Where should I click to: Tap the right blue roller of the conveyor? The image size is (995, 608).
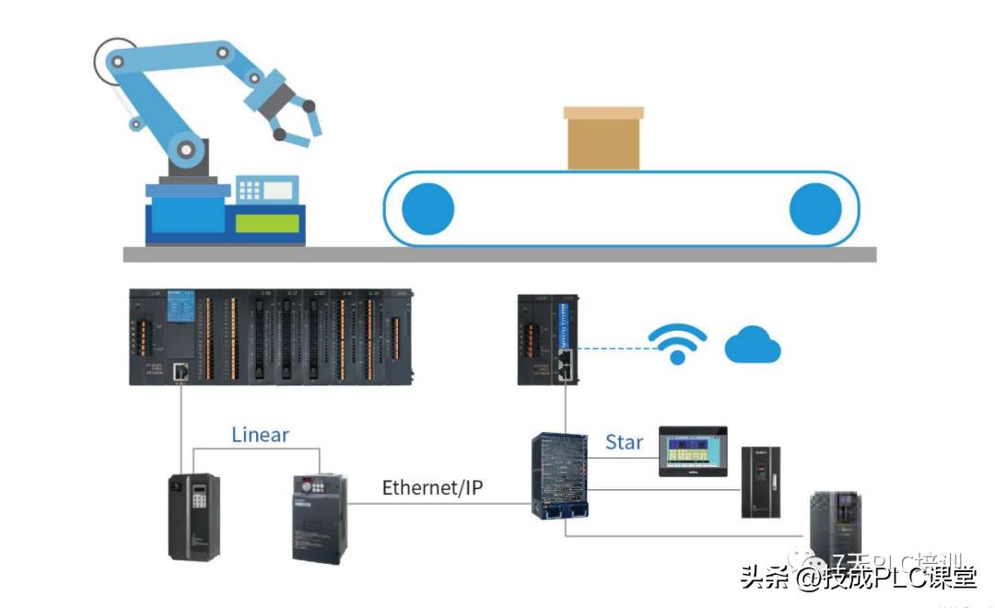[x=815, y=208]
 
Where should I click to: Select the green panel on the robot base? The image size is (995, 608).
[x=267, y=223]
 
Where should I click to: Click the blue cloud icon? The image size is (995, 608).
[x=753, y=347]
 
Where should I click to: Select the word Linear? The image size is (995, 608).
[x=260, y=434]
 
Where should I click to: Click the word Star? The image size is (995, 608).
[x=624, y=442]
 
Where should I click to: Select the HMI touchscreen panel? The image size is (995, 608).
[x=692, y=450]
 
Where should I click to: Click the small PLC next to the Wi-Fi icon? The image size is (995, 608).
[x=548, y=339]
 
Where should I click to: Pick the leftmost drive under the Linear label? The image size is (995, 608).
[x=193, y=516]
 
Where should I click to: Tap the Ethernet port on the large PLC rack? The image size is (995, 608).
[x=181, y=372]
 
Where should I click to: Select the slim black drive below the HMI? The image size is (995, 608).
[x=761, y=482]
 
